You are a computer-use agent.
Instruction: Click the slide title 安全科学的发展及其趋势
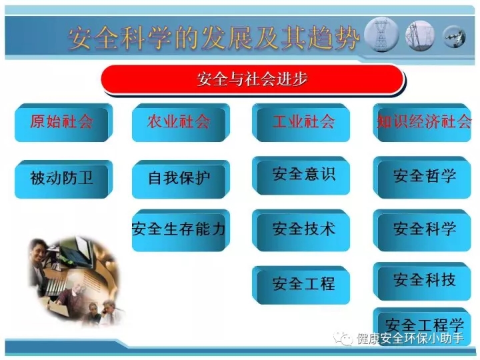click(214, 37)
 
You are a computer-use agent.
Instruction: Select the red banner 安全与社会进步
click(253, 79)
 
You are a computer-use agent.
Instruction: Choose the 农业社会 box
click(181, 123)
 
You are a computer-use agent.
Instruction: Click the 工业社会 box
click(301, 123)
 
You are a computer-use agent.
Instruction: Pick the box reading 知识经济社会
click(422, 123)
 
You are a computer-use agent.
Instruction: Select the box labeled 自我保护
click(181, 179)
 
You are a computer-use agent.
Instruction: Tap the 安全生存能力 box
click(181, 230)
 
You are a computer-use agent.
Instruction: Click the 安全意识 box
click(301, 176)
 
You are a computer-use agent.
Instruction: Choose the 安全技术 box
click(301, 230)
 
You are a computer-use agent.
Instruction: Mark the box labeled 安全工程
click(301, 285)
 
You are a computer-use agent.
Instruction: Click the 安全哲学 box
click(422, 177)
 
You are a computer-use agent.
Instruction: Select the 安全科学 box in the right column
click(422, 230)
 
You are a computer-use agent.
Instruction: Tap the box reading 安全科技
click(422, 281)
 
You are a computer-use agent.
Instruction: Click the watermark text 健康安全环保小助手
click(410, 338)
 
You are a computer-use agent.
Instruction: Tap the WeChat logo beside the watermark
click(343, 338)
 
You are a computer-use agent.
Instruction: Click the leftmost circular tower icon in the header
click(381, 35)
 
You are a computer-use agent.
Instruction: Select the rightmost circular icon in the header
click(455, 37)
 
